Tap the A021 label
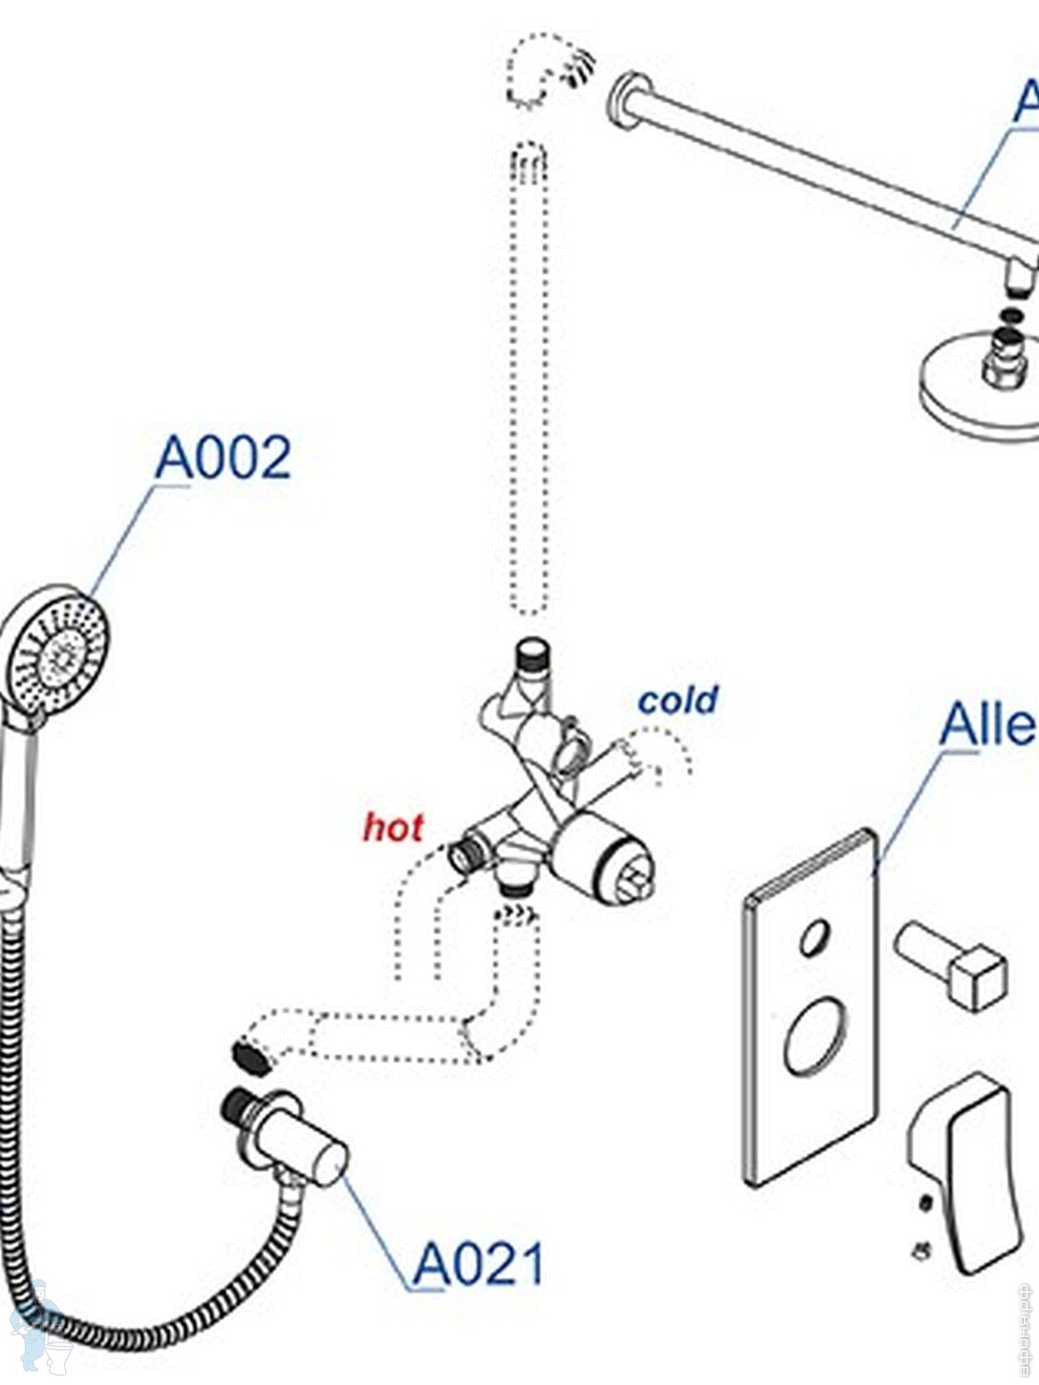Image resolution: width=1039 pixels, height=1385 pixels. point(477,1265)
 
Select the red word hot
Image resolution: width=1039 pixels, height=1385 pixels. point(393,827)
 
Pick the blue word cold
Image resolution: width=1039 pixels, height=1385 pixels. point(678,700)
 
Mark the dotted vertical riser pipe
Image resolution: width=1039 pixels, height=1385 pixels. point(529,379)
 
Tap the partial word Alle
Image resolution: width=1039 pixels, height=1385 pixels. point(986,725)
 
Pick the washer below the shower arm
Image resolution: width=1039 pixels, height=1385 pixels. point(1012,316)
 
